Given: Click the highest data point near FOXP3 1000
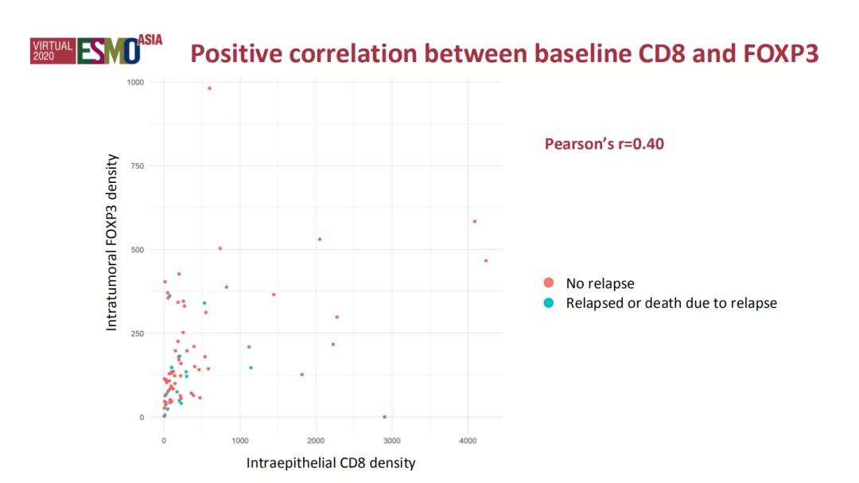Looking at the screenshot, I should (209, 88).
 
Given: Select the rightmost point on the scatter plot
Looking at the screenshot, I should (486, 261).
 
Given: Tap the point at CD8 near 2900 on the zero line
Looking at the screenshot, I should (384, 417).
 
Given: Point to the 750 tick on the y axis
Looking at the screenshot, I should (137, 166).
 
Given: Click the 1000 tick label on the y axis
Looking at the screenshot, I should (135, 82).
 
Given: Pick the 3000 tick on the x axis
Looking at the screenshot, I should (392, 439).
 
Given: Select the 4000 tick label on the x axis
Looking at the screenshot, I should (468, 439).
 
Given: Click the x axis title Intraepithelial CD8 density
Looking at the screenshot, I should (331, 462).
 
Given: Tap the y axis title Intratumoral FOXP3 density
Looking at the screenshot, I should (112, 243).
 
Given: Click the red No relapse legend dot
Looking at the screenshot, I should (548, 283).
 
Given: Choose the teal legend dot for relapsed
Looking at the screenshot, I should (548, 303).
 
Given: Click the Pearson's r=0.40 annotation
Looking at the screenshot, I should (604, 144).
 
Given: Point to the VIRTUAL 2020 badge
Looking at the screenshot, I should (52, 52).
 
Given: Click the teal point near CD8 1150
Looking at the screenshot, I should (251, 368).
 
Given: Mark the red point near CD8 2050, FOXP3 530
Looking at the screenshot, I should (320, 240).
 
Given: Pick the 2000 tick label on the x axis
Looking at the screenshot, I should (316, 439).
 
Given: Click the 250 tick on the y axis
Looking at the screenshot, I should (137, 333).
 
